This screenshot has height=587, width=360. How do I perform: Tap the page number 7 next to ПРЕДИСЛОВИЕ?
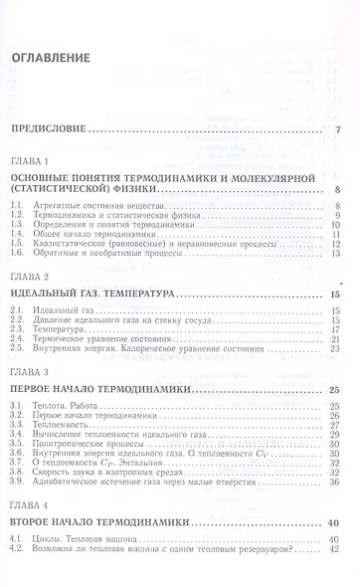[339, 130]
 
